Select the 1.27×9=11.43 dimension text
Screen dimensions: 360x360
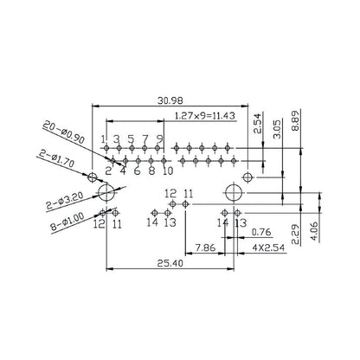click(207, 115)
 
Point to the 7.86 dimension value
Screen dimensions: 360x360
click(204, 247)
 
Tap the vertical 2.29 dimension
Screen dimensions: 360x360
click(296, 234)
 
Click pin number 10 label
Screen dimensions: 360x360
click(167, 171)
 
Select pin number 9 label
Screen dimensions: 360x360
click(160, 138)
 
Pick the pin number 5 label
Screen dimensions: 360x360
click(131, 138)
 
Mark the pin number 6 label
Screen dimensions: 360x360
click(137, 171)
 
